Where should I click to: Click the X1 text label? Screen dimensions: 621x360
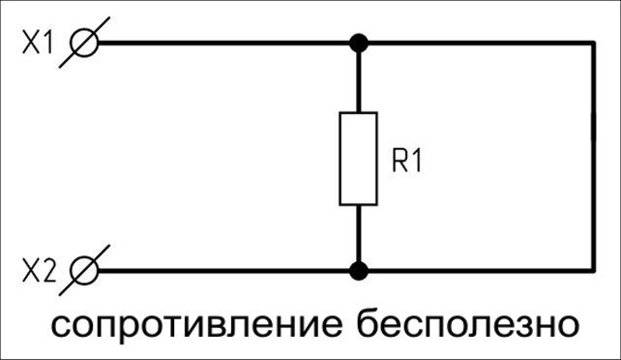tap(37, 43)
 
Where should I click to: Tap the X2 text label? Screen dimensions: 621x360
tap(39, 271)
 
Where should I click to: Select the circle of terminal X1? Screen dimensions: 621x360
tap(83, 43)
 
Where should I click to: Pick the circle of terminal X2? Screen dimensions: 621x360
tap(83, 271)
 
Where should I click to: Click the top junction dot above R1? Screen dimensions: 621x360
tap(359, 43)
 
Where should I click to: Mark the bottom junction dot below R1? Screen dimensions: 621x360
tap(359, 271)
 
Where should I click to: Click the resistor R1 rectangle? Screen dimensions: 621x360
tap(359, 159)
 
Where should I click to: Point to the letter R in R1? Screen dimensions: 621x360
tap(399, 161)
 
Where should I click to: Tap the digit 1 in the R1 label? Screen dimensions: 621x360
tap(417, 161)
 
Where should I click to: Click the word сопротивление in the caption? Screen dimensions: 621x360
tap(196, 325)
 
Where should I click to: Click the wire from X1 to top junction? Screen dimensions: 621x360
tap(223, 43)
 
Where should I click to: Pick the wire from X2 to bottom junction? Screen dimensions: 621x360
tap(223, 271)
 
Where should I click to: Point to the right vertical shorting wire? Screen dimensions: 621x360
tap(593, 157)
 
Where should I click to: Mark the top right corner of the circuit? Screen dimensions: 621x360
tap(593, 43)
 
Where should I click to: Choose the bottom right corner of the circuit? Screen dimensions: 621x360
tap(593, 271)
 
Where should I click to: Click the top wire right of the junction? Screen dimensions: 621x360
tap(481, 43)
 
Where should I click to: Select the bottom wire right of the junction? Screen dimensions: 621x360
tap(481, 271)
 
